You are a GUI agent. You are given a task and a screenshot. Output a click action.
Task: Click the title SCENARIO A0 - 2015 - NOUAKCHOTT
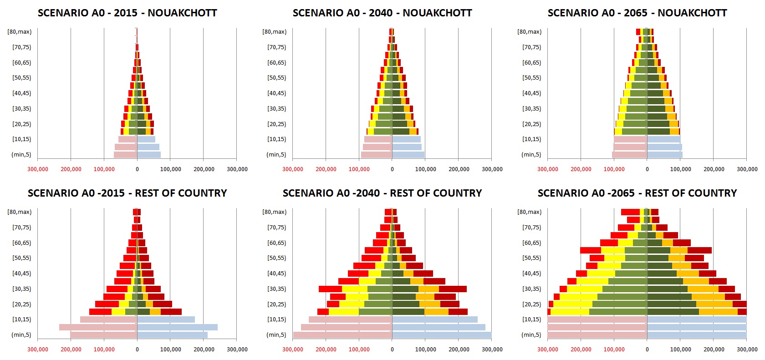(127, 13)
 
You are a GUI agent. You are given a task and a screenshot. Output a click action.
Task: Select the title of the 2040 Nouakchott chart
(382, 13)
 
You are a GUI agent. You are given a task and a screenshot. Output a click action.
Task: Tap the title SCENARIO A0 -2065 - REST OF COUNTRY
(637, 193)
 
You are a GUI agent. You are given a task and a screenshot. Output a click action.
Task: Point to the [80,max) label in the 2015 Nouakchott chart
(19, 31)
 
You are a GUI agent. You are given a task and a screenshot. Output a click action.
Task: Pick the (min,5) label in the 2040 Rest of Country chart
(276, 335)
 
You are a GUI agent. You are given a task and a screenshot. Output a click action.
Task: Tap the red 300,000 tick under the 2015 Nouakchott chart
(37, 169)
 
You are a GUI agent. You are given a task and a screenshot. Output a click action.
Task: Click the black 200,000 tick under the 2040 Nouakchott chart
(459, 169)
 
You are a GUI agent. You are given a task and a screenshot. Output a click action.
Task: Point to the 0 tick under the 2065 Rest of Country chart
(647, 350)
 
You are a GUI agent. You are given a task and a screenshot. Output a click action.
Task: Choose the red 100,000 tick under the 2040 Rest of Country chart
(359, 350)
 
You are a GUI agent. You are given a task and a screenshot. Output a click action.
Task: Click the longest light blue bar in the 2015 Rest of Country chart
(177, 327)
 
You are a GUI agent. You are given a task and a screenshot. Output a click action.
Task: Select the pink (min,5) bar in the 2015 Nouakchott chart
(125, 155)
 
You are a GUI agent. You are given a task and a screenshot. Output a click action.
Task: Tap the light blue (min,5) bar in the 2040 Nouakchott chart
(408, 155)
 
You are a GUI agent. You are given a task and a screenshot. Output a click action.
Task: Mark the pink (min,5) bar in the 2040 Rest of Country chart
(342, 335)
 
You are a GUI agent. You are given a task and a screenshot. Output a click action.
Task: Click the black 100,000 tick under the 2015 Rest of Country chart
(171, 350)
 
